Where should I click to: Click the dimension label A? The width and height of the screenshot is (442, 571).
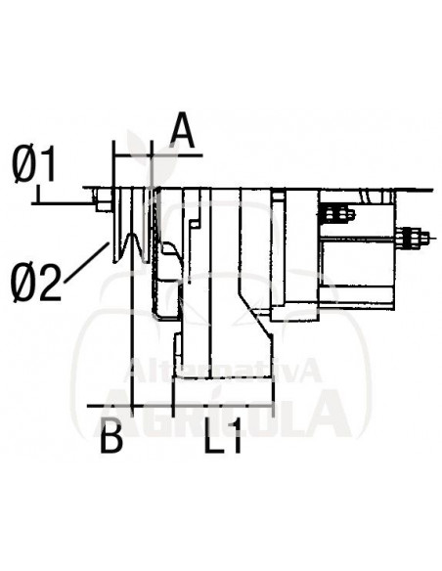180,129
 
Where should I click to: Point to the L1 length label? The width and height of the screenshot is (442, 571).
224,438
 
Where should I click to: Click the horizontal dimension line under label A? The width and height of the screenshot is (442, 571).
156,154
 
